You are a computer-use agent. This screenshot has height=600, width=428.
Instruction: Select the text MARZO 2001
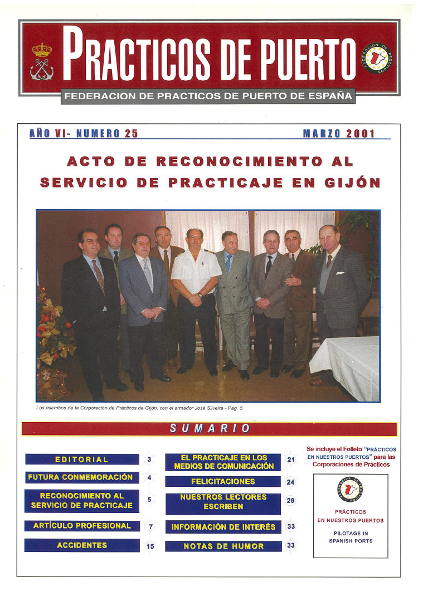339,134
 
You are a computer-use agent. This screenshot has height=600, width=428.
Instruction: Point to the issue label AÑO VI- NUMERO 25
84,134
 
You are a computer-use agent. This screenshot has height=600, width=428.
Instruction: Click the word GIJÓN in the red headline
349,182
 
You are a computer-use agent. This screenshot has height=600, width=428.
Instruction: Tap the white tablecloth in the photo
346,365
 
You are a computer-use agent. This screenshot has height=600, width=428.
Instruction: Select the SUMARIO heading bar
209,429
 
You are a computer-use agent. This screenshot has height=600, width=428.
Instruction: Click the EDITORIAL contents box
82,459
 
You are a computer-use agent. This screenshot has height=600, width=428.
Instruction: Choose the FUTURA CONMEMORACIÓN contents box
81,477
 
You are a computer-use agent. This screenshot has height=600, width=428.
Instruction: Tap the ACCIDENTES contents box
82,545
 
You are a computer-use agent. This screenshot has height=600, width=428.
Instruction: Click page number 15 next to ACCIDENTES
150,546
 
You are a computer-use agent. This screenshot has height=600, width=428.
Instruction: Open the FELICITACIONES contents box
223,481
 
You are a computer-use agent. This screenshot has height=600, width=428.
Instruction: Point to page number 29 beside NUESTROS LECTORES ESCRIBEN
290,501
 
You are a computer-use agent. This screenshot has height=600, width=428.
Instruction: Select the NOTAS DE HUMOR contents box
223,546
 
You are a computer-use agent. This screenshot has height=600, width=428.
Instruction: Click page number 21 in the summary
290,460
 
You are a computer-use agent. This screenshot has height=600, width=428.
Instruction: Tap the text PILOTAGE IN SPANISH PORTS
351,537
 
